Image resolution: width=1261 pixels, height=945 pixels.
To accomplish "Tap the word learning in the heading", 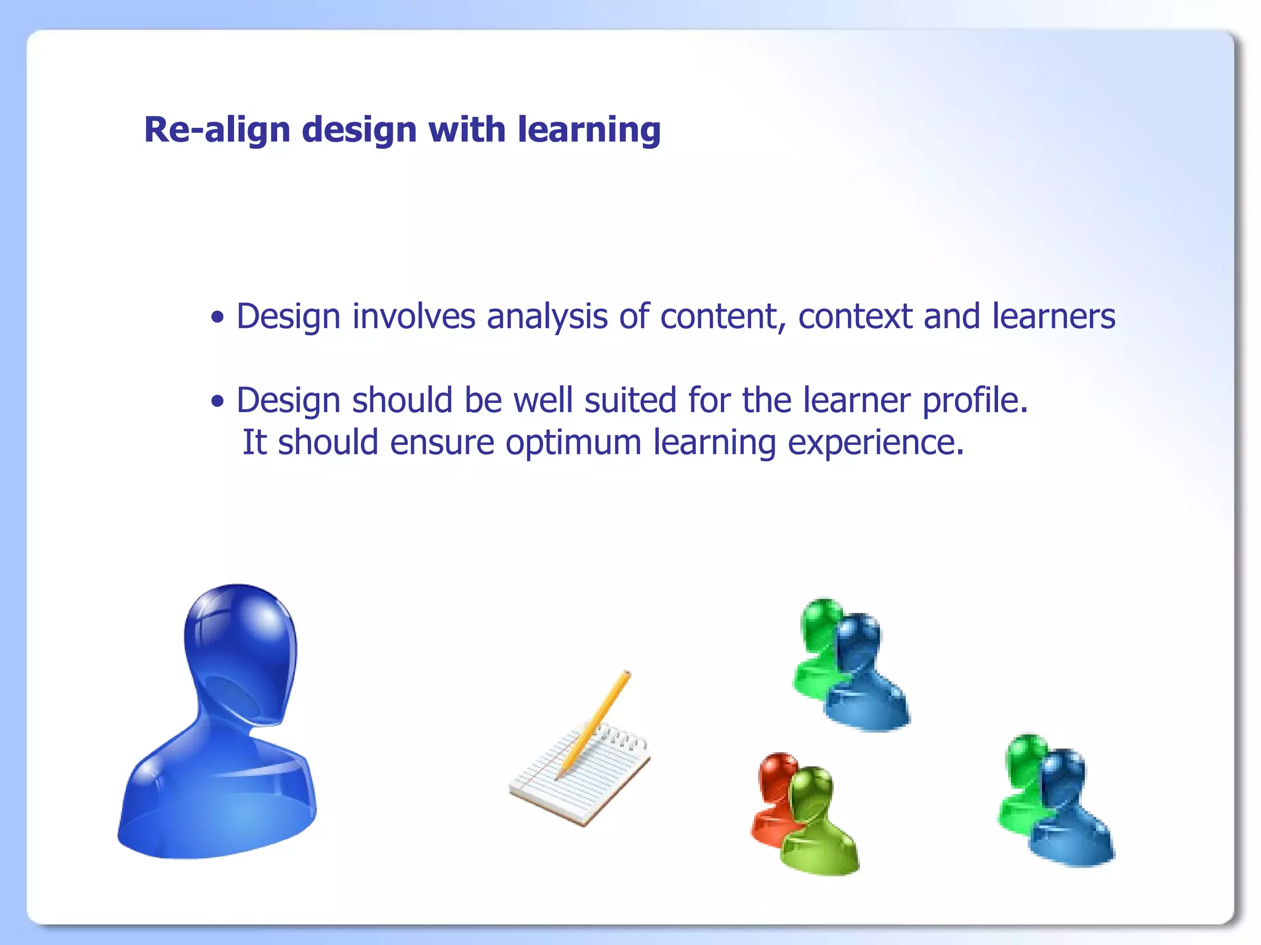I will [x=589, y=131].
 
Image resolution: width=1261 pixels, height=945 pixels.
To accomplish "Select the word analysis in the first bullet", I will [x=547, y=317].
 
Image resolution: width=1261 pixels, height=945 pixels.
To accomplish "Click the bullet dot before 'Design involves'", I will [x=217, y=318].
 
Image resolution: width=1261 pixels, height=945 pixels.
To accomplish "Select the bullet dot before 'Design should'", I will [x=217, y=402].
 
